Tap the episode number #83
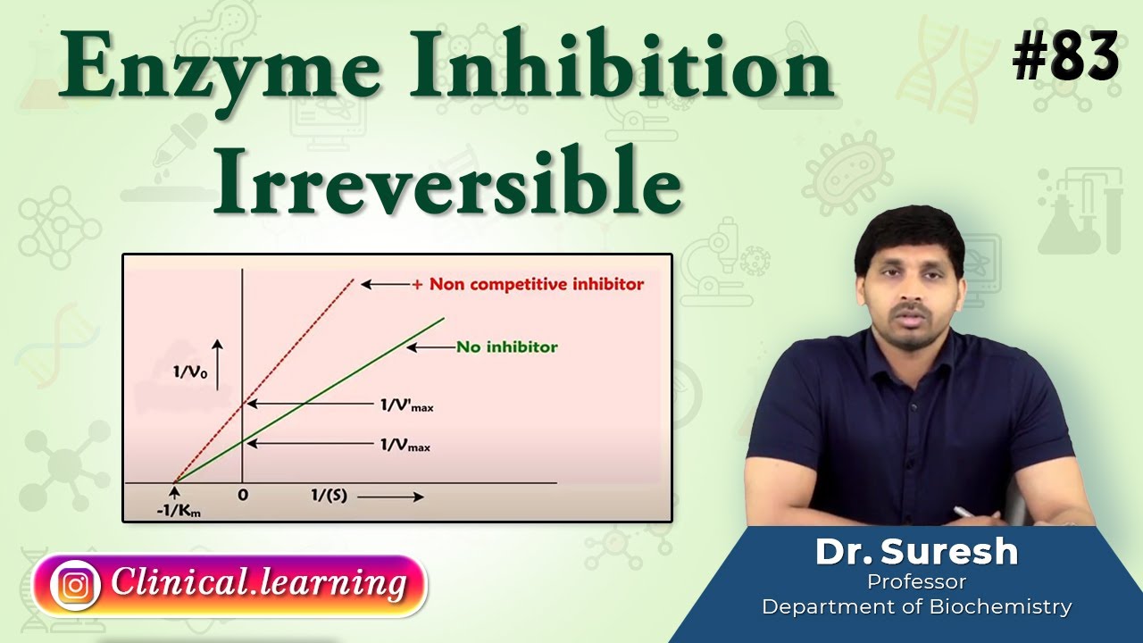tap(1065, 55)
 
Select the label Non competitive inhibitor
tap(536, 284)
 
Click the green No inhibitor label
tap(506, 347)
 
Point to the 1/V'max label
tap(406, 405)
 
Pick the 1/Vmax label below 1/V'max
tap(405, 443)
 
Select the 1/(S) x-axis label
tap(329, 495)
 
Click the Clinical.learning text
tap(259, 583)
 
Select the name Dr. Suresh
tap(916, 552)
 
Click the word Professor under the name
tap(916, 582)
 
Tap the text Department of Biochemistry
tap(916, 607)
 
